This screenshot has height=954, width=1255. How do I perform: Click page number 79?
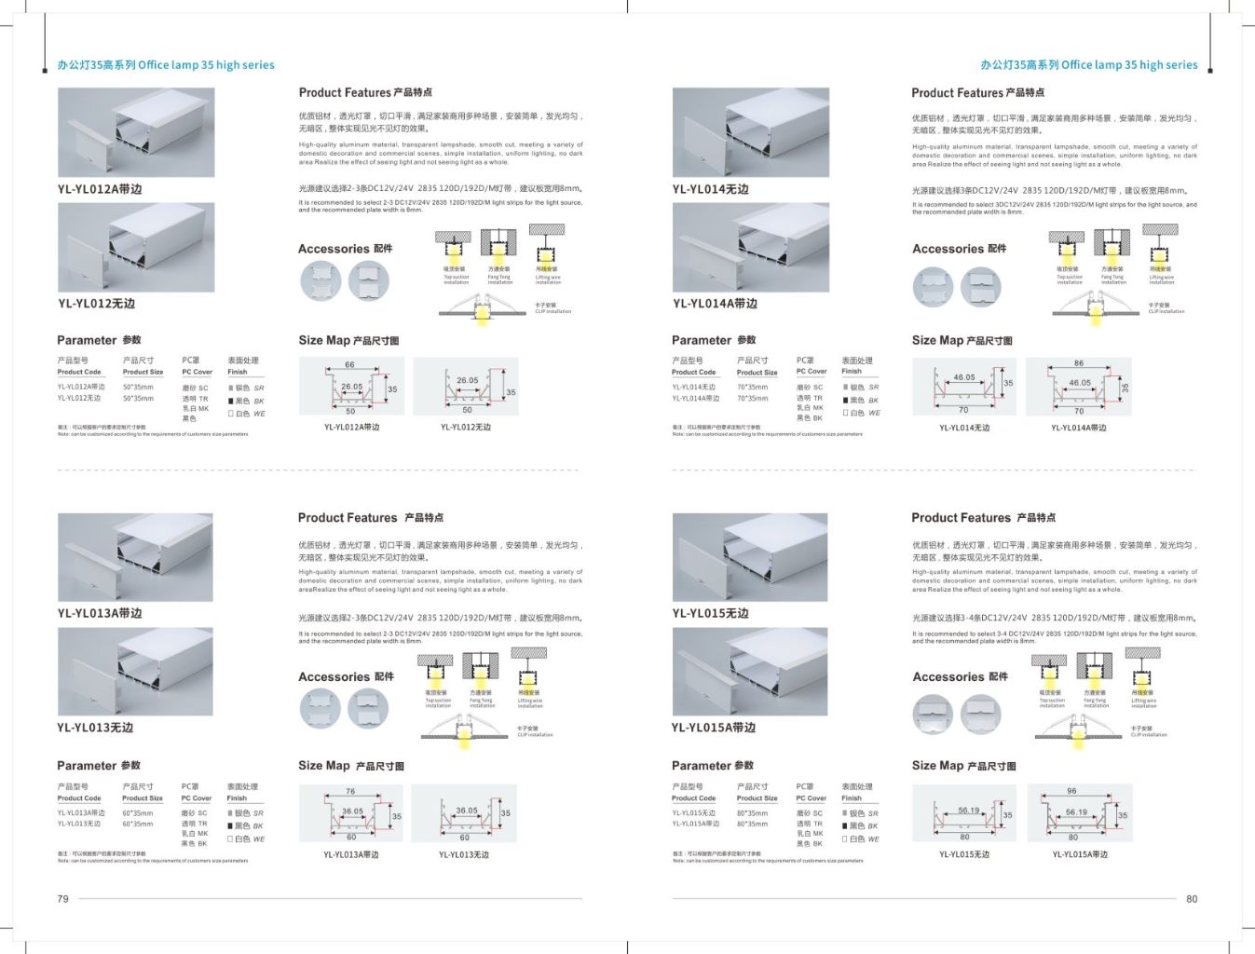click(62, 899)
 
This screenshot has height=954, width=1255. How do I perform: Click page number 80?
click(1192, 899)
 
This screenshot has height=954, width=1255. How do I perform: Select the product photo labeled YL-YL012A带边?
click(136, 132)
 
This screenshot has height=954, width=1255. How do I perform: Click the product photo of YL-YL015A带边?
click(750, 672)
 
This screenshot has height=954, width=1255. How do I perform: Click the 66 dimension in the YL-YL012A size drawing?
click(349, 365)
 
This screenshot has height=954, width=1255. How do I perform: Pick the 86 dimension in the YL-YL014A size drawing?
click(1078, 363)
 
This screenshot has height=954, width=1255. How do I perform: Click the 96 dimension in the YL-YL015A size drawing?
click(1071, 791)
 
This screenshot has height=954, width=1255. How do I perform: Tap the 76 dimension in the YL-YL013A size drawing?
click(350, 792)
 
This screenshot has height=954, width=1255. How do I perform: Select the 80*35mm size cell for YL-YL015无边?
click(752, 813)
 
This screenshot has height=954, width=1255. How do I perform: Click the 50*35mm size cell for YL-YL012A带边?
click(138, 388)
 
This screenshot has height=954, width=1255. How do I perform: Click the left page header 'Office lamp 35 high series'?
click(166, 65)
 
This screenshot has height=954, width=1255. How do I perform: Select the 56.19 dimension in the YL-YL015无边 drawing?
click(968, 811)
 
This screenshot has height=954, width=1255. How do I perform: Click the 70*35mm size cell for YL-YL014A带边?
click(752, 399)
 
